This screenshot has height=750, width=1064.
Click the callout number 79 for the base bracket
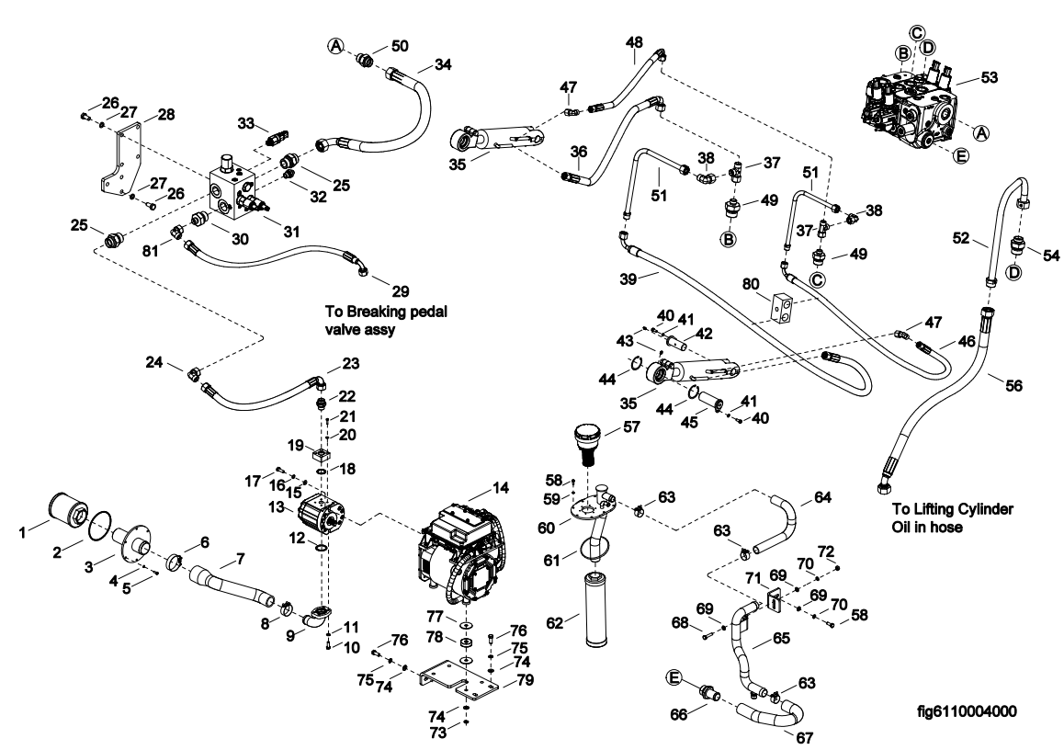pos(526,680)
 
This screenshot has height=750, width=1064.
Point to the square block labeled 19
pos(322,454)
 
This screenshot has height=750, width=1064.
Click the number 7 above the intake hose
pos(241,558)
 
